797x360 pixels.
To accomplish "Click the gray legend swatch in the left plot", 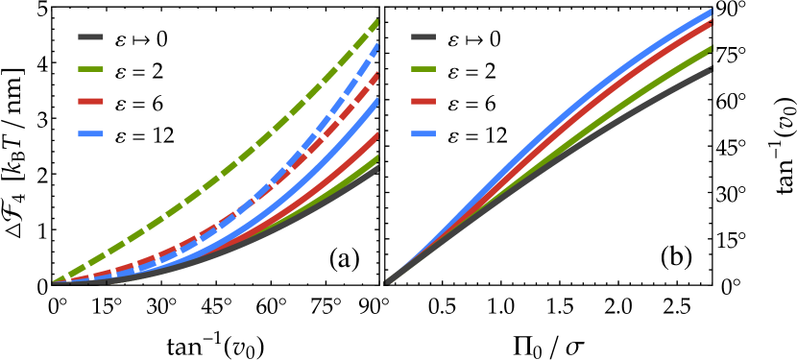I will pyautogui.click(x=90, y=37).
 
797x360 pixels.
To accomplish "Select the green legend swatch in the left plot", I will pyautogui.click(x=90, y=69).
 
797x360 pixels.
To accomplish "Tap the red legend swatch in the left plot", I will pyautogui.click(x=90, y=101).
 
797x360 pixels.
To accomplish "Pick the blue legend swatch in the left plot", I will pyautogui.click(x=90, y=133).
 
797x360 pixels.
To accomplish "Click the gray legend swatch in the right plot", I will pyautogui.click(x=423, y=37).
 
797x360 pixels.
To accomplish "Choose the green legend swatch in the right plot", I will pyautogui.click(x=423, y=69).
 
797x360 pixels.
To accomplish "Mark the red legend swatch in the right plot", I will pyautogui.click(x=423, y=101).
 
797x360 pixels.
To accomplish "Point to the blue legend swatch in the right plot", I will pyautogui.click(x=423, y=133).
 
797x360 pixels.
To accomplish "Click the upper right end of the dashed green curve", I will pyautogui.click(x=375, y=21).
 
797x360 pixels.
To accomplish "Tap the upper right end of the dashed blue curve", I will pyautogui.click(x=375, y=45).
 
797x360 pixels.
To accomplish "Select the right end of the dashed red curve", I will pyautogui.click(x=375, y=75).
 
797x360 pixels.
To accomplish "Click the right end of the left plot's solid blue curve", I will pyautogui.click(x=375, y=101).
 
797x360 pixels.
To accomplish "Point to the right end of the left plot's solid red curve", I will pyautogui.click(x=375, y=135).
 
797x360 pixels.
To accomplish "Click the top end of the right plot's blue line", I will pyautogui.click(x=710, y=12).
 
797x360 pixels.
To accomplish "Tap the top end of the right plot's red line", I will pyautogui.click(x=710, y=23).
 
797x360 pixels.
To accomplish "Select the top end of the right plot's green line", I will pyautogui.click(x=710, y=48).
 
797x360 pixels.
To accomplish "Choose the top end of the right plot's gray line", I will pyautogui.click(x=710, y=69).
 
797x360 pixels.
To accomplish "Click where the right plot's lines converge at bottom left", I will pyautogui.click(x=388, y=281).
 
